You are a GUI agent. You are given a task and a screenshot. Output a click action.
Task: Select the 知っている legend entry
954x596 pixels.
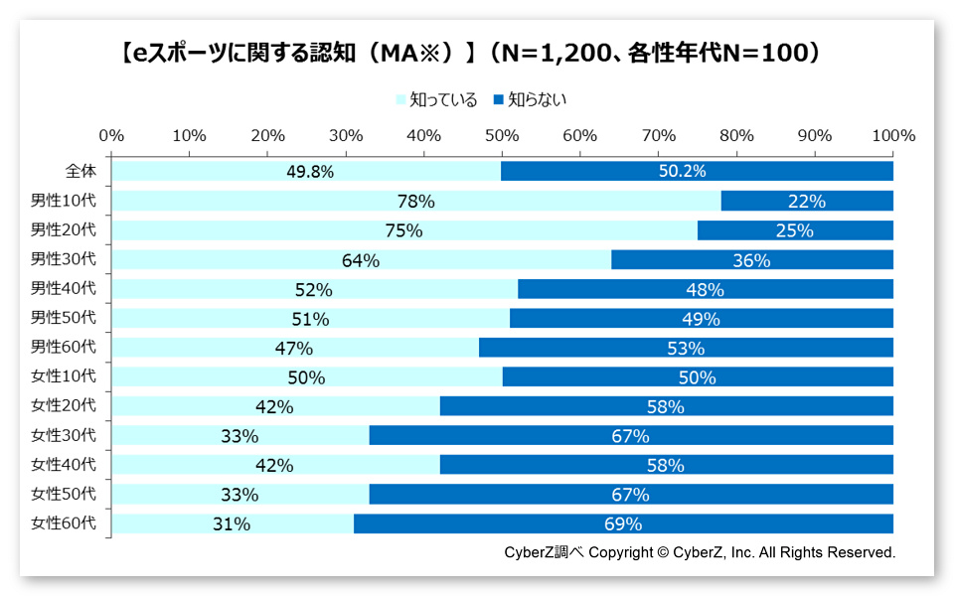pyautogui.click(x=436, y=99)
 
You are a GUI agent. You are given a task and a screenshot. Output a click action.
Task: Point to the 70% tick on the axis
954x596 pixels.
pyautogui.click(x=658, y=135)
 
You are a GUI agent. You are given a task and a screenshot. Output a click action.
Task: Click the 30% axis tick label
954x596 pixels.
pyautogui.click(x=346, y=135)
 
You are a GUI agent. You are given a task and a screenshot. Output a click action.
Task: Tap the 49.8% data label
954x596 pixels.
pyautogui.click(x=310, y=172)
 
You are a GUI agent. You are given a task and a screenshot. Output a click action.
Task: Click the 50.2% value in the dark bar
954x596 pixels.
pyautogui.click(x=682, y=172)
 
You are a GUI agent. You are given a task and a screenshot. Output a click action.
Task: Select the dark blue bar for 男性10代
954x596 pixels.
pyautogui.click(x=806, y=201)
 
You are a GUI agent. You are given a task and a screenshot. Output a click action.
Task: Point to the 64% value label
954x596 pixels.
pyautogui.click(x=361, y=260)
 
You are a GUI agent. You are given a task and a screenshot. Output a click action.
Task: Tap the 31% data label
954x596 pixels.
pyautogui.click(x=232, y=523)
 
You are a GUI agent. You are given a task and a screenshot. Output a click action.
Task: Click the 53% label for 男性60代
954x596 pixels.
pyautogui.click(x=686, y=348)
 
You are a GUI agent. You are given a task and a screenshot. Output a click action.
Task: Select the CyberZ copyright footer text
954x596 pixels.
pyautogui.click(x=700, y=552)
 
